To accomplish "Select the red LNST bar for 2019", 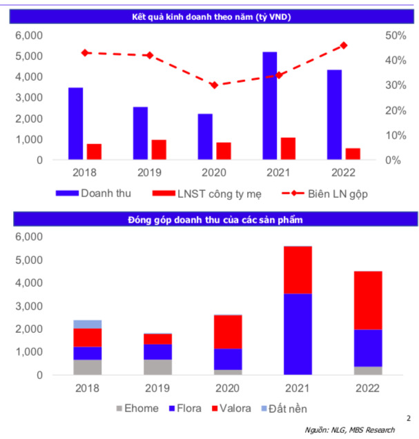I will (159, 150).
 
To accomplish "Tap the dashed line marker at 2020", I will (213, 85).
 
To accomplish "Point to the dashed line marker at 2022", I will (344, 45).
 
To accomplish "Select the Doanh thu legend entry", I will (104, 194).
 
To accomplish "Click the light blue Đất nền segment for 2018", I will (88, 324).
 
